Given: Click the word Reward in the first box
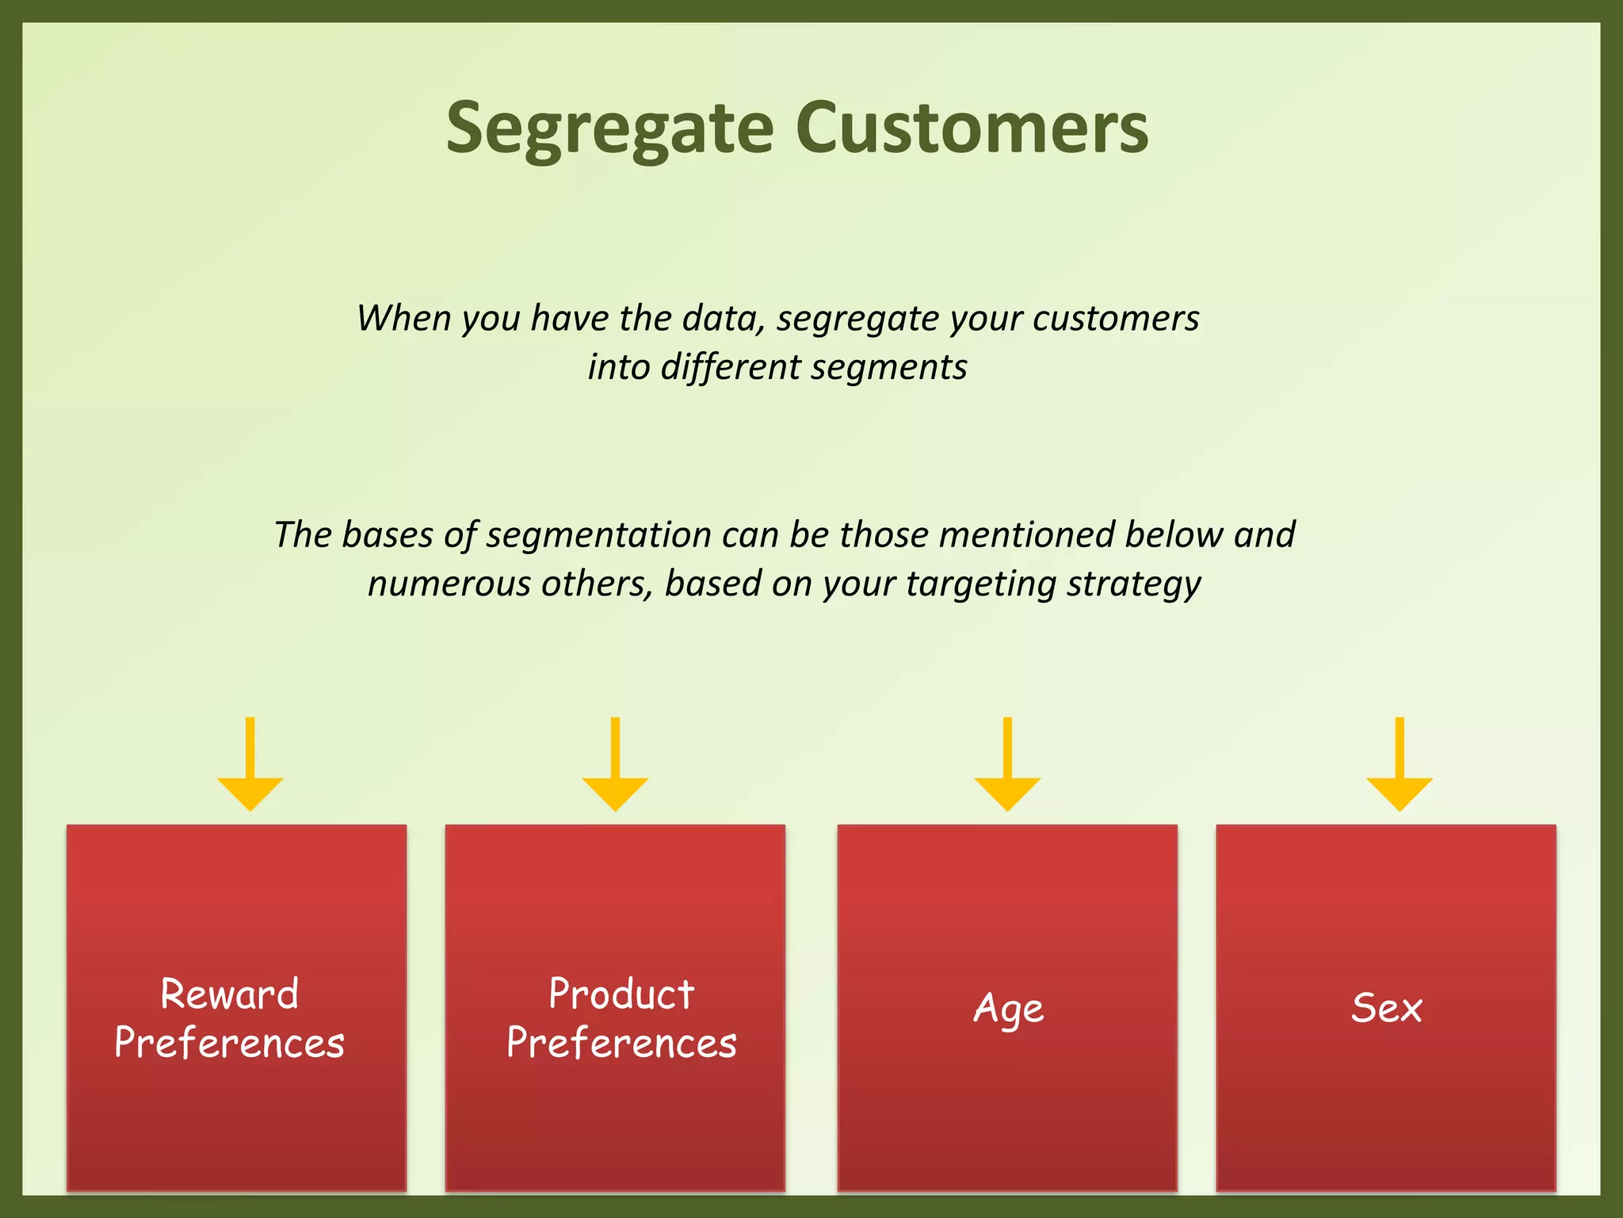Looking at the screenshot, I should tap(229, 994).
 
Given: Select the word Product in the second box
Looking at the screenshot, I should tap(621, 994).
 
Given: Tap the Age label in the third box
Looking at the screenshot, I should tap(1008, 1009).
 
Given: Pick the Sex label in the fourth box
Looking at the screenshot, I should tap(1387, 1009).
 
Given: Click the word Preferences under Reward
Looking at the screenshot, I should tap(229, 1043).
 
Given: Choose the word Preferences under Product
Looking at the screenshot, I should tap(621, 1043).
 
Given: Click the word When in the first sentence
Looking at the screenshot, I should tap(403, 318).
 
